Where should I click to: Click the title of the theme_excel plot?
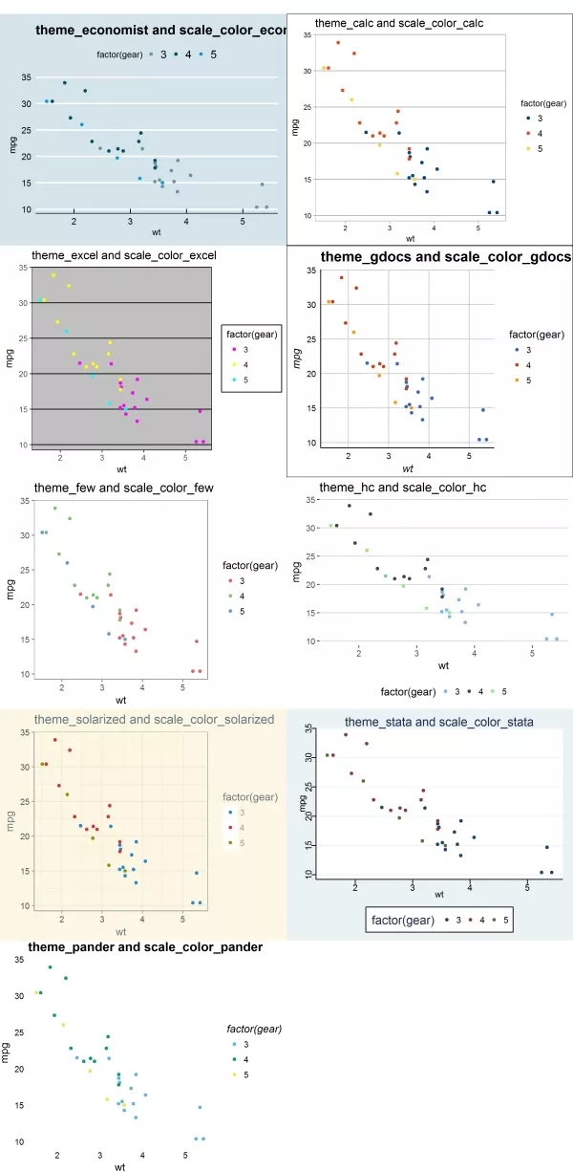pyautogui.click(x=124, y=255)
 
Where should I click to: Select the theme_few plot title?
pyautogui.click(x=123, y=488)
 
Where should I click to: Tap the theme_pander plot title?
pyautogui.click(x=145, y=946)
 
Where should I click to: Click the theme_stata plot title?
pyautogui.click(x=438, y=721)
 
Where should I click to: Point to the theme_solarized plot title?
pyautogui.click(x=154, y=720)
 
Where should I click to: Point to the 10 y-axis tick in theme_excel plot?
pyautogui.click(x=23, y=445)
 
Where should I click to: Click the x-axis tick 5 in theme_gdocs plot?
pyautogui.click(x=469, y=455)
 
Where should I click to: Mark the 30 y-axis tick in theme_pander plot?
pyautogui.click(x=19, y=995)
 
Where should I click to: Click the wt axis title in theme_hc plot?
pyautogui.click(x=443, y=665)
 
